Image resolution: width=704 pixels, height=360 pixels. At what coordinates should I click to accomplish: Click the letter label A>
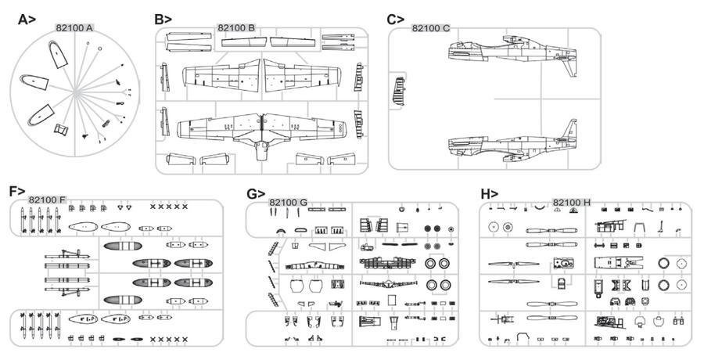point(27,20)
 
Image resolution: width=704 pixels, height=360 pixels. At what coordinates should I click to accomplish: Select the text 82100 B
point(236,28)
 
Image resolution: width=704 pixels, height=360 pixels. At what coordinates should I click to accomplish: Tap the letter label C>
point(396,20)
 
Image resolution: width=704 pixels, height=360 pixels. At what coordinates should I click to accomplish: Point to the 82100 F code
point(47,200)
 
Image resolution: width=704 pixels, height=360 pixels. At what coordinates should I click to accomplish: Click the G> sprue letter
point(256,194)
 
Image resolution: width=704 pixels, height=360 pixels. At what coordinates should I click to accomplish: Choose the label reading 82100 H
point(572,202)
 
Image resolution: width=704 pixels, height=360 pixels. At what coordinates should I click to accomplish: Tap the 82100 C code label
point(430,28)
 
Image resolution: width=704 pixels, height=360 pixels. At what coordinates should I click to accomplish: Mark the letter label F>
point(17,191)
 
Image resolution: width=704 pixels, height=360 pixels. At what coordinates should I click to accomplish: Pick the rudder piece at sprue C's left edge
point(399,92)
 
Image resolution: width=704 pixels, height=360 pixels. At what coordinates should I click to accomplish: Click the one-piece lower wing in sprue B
point(262,131)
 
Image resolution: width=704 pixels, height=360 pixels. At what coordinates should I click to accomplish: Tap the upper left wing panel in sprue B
point(221,77)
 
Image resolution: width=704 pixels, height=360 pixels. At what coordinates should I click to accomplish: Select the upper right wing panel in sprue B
point(303,77)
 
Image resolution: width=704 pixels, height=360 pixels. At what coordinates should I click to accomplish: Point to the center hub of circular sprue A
point(77,92)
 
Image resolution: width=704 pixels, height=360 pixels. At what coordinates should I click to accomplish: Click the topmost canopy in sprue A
point(58,54)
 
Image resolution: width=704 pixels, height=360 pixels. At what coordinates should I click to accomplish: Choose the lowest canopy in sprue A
point(41,115)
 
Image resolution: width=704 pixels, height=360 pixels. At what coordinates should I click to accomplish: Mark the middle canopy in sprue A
point(34,81)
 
